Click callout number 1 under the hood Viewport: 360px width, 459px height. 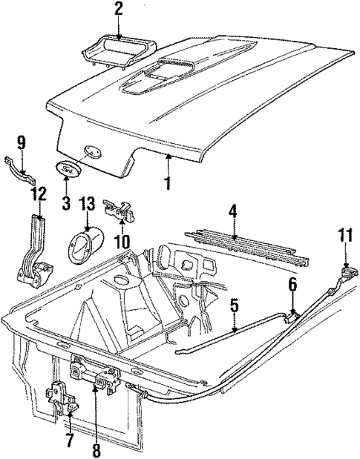point(169,181)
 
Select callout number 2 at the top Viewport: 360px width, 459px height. point(118,10)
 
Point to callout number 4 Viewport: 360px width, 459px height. point(233,212)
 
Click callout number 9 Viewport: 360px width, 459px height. point(22,140)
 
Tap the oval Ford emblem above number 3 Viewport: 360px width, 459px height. point(68,169)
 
